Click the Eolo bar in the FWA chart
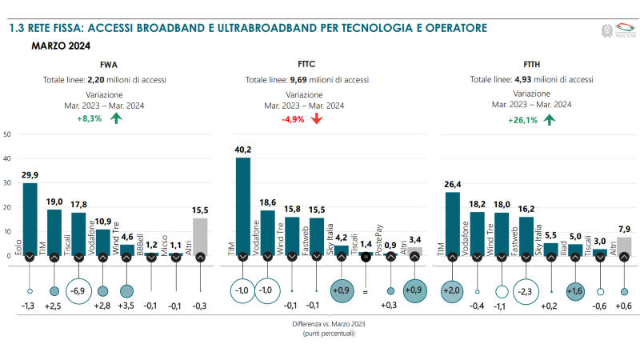coord(30,216)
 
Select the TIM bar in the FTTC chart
coord(243,204)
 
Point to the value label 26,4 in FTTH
coord(452,184)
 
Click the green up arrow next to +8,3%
coord(116,119)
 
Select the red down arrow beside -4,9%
coord(316,119)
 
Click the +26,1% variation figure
coord(522,120)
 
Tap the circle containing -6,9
coord(78,291)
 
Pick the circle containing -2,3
coord(526,291)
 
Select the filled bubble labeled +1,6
coord(575,291)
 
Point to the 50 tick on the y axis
coord(7,134)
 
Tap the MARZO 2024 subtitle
coord(61,46)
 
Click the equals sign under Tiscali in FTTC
coord(366,292)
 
